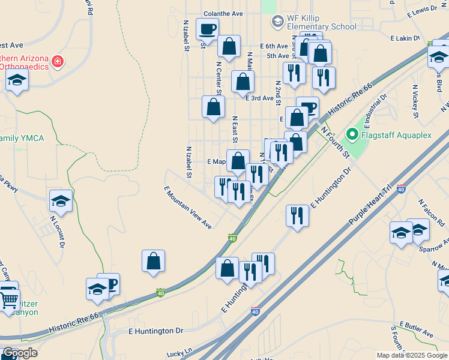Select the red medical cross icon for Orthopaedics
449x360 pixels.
pyautogui.click(x=58, y=62)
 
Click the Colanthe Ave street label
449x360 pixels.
pyautogui.click(x=223, y=13)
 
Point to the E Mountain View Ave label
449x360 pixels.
pyautogui.click(x=188, y=208)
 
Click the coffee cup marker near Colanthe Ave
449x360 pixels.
pyautogui.click(x=207, y=29)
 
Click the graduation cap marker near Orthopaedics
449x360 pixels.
pyautogui.click(x=17, y=81)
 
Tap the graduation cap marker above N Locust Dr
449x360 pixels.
pyautogui.click(x=61, y=200)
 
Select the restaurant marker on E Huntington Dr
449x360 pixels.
pyautogui.click(x=297, y=215)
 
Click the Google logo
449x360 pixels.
pyautogui.click(x=20, y=353)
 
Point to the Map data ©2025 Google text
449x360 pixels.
pyautogui.click(x=411, y=355)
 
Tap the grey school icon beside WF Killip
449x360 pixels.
pyautogui.click(x=277, y=22)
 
